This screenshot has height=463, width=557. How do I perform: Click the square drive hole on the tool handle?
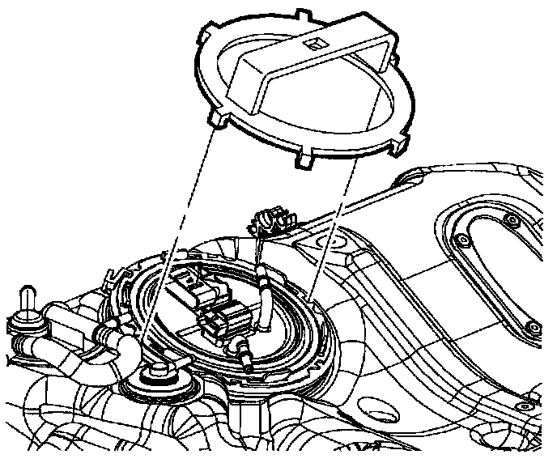tap(313, 40)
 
